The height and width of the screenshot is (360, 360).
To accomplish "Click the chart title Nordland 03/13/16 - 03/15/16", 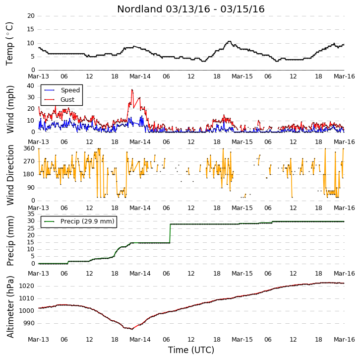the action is [191, 9].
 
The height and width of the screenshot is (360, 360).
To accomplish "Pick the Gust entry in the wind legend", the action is [59, 99].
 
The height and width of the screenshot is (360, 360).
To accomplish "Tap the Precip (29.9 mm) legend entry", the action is [79, 221].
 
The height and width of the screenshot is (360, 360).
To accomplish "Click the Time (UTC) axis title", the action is [191, 350].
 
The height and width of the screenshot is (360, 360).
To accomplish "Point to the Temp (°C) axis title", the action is [9, 44].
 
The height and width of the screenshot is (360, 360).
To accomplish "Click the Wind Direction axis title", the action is [10, 175].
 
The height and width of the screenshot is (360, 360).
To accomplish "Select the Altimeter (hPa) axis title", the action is [10, 307].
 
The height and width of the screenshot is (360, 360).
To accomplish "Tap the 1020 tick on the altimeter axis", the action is [26, 286].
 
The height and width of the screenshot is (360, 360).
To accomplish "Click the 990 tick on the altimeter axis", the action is [28, 323].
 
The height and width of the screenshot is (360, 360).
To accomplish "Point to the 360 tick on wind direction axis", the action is [29, 148].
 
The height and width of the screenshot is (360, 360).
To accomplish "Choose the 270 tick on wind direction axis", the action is [29, 161].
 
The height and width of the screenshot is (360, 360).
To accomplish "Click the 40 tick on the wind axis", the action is [31, 86].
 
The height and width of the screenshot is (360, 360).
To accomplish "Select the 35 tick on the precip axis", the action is [31, 214].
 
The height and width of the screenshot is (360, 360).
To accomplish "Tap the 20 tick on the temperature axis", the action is [31, 16].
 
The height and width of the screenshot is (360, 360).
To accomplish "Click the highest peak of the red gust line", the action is [132, 90].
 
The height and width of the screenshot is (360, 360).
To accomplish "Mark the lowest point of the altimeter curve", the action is [132, 329].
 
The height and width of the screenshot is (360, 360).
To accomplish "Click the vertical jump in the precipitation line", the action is [170, 233].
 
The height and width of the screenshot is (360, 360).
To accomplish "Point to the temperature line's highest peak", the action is [229, 41].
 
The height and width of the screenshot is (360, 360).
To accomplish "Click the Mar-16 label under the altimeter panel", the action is [344, 339].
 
